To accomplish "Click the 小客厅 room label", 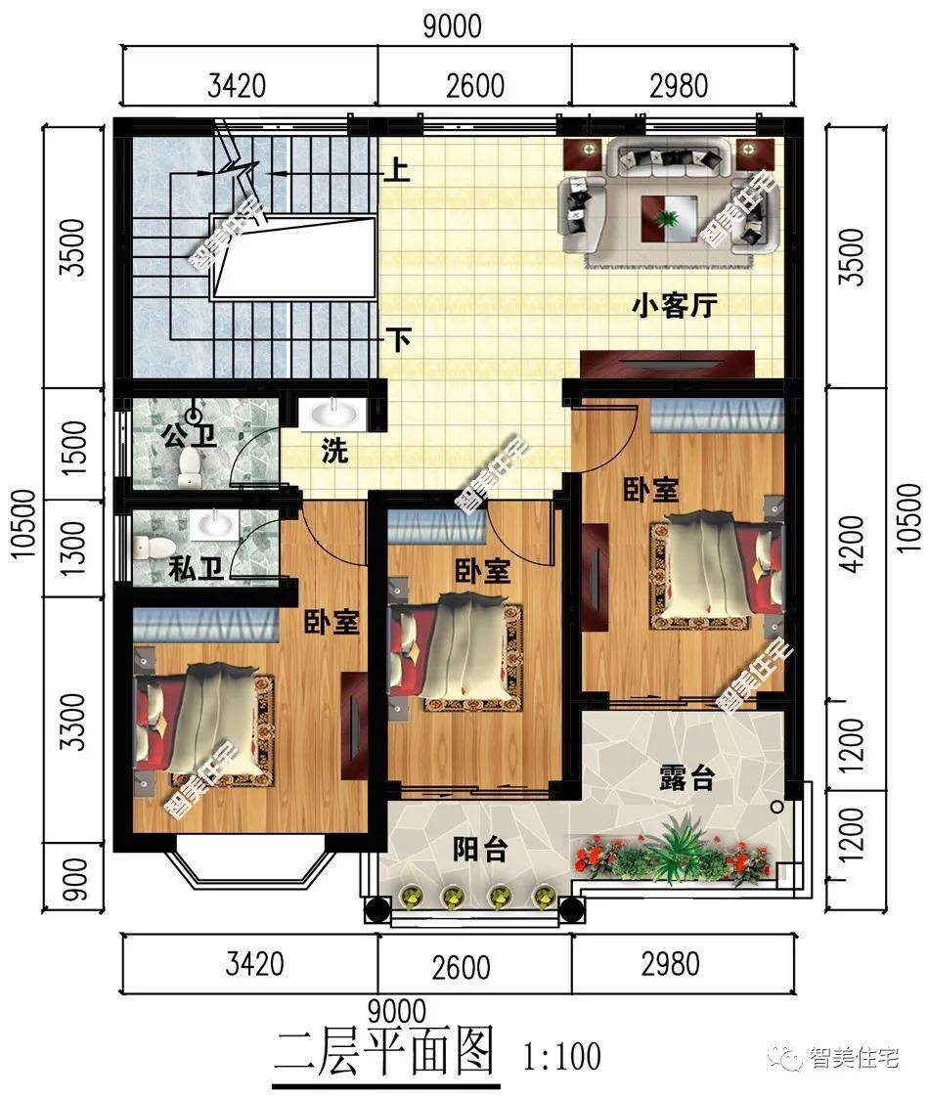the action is (674, 306).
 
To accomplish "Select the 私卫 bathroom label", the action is (197, 568).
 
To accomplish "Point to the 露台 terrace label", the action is (686, 778).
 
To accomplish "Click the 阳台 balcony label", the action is (480, 850).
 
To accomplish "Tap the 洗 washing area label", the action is (334, 451).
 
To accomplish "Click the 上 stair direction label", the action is (397, 169).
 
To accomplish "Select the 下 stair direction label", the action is (399, 340).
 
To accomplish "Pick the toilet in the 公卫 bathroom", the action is (189, 468).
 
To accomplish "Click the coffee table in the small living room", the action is (669, 218).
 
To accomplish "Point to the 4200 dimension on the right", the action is (852, 544).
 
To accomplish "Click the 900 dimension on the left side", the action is (74, 880).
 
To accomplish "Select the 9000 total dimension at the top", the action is (452, 26).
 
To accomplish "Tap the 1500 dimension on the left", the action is (74, 448).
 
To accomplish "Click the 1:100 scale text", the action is (562, 1056).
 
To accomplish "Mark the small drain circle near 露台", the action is (776, 807).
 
